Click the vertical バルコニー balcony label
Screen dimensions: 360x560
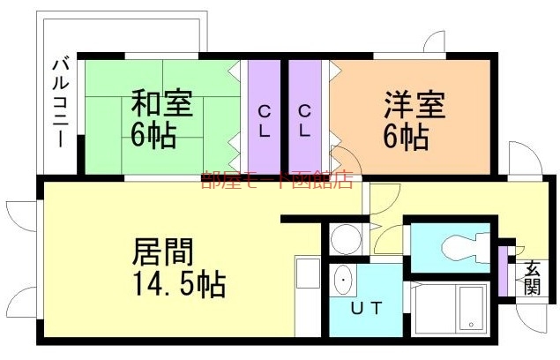click(x=61, y=101)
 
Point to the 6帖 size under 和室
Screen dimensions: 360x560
click(x=153, y=135)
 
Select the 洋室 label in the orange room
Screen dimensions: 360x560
click(x=414, y=103)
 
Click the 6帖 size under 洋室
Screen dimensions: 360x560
click(x=407, y=136)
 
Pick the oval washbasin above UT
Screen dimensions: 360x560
click(x=344, y=281)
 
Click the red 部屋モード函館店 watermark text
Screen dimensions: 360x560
click(x=276, y=180)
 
